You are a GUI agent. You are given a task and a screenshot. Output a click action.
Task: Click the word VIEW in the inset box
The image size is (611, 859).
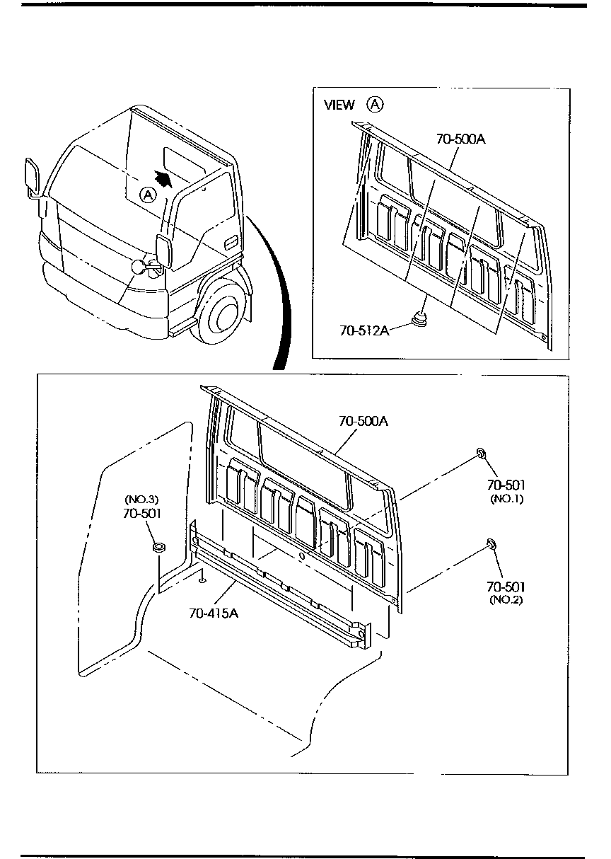[x=339, y=105]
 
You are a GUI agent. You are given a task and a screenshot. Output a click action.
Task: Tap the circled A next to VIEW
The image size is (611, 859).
[x=374, y=105]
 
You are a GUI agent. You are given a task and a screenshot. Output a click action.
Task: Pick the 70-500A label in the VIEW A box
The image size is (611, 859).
[x=460, y=139]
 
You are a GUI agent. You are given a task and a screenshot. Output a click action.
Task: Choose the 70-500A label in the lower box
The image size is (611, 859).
[x=363, y=421]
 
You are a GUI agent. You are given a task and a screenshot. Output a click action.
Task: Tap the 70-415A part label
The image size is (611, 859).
[x=214, y=613]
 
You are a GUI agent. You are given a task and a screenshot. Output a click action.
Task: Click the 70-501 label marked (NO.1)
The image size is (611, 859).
[x=506, y=485]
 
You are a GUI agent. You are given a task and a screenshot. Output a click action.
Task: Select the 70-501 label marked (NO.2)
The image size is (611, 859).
[x=506, y=587]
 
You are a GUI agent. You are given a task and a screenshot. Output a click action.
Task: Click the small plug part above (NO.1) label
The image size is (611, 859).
[x=480, y=452]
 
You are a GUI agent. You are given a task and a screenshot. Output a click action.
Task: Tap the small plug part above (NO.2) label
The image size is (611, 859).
[x=489, y=543]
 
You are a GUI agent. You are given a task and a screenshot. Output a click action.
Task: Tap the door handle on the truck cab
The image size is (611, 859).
[x=230, y=244]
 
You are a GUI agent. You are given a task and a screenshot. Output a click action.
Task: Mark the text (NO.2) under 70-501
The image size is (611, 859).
[x=506, y=601]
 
